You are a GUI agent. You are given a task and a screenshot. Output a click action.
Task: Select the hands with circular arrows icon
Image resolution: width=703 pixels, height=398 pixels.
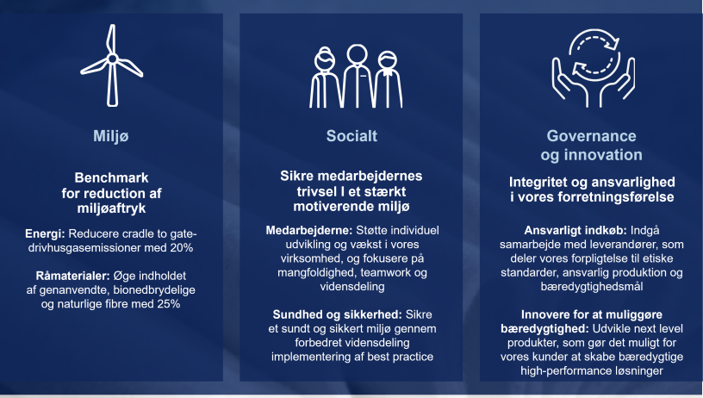tap(592, 68)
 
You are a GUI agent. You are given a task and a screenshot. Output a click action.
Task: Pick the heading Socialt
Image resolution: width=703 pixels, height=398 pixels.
tap(351, 136)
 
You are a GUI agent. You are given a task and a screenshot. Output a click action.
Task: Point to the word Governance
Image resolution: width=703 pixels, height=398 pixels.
tap(591, 136)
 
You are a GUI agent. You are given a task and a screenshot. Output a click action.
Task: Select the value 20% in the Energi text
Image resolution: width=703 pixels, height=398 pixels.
tap(179, 248)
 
